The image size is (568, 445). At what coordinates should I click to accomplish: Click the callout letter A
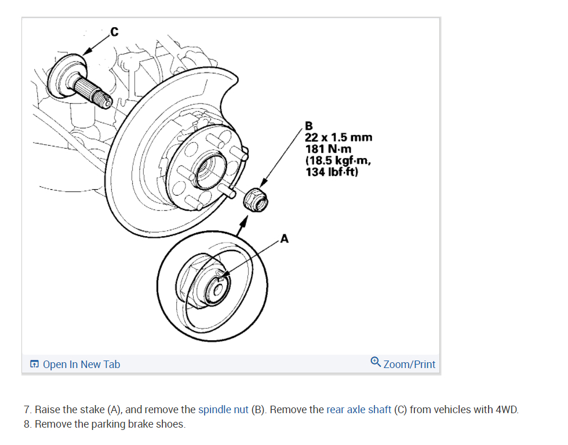pyautogui.click(x=284, y=238)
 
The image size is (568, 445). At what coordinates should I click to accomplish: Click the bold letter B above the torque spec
pyautogui.click(x=308, y=126)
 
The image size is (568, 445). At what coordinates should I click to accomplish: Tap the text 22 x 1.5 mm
pyautogui.click(x=338, y=138)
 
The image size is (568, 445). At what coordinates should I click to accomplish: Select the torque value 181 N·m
pyautogui.click(x=328, y=149)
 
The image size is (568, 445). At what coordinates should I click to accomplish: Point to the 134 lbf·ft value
pyautogui.click(x=332, y=172)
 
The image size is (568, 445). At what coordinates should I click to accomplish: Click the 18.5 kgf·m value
pyautogui.click(x=338, y=160)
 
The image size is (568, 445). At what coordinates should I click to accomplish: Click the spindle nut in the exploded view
pyautogui.click(x=256, y=200)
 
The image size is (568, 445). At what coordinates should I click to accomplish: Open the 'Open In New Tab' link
pyautogui.click(x=81, y=365)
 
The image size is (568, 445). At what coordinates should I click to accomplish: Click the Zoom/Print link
pyautogui.click(x=409, y=365)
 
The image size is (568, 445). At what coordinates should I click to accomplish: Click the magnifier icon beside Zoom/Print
pyautogui.click(x=376, y=363)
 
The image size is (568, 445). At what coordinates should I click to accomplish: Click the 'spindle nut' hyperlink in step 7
pyautogui.click(x=223, y=410)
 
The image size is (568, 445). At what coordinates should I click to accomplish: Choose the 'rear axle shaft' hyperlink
pyautogui.click(x=359, y=410)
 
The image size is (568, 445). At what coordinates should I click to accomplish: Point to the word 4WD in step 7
pyautogui.click(x=507, y=410)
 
